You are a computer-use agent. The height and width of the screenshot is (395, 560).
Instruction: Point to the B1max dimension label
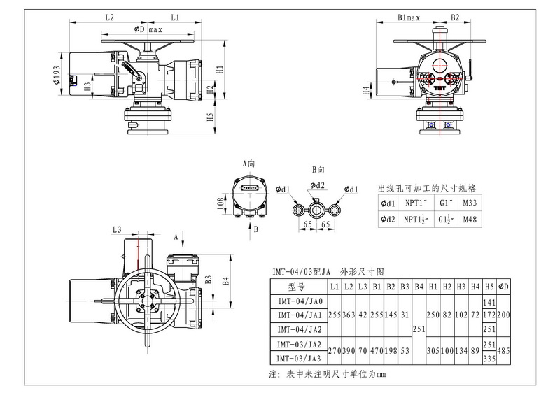click(408, 16)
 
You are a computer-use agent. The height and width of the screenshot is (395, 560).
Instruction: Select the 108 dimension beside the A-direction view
click(220, 203)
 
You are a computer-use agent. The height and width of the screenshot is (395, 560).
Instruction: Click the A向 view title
click(249, 163)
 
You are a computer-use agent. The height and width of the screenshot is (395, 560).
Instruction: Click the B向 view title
click(318, 170)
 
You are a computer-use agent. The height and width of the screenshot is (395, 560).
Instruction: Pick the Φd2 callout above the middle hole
click(317, 185)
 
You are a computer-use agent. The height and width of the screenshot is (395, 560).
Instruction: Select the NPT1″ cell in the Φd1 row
click(411, 203)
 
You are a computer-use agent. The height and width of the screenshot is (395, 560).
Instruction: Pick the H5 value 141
click(490, 301)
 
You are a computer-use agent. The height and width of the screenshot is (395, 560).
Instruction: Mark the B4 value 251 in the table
click(419, 329)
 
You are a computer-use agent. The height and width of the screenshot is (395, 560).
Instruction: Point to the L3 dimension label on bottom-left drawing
click(116, 230)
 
